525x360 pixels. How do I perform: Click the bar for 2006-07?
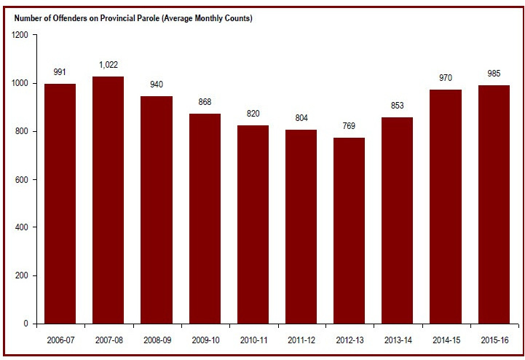pyautogui.click(x=60, y=204)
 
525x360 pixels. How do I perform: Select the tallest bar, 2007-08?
pyautogui.click(x=108, y=200)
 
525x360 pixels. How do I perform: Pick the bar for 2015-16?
pyautogui.click(x=494, y=205)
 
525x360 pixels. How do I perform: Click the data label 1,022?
pyautogui.click(x=108, y=66)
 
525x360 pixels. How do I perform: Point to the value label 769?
pyautogui.click(x=350, y=127)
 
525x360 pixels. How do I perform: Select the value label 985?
pyautogui.click(x=494, y=74)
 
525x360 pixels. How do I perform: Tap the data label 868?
pyautogui.click(x=205, y=103)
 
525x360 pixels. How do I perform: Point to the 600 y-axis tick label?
pyautogui.click(x=21, y=179)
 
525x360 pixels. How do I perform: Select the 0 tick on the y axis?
pyautogui.click(x=26, y=324)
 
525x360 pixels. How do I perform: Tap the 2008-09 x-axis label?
pyautogui.click(x=157, y=340)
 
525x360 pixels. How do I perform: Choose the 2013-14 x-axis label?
pyautogui.click(x=398, y=340)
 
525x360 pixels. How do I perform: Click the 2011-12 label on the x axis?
pyautogui.click(x=301, y=340)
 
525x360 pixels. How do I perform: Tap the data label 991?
pyautogui.click(x=60, y=73)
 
